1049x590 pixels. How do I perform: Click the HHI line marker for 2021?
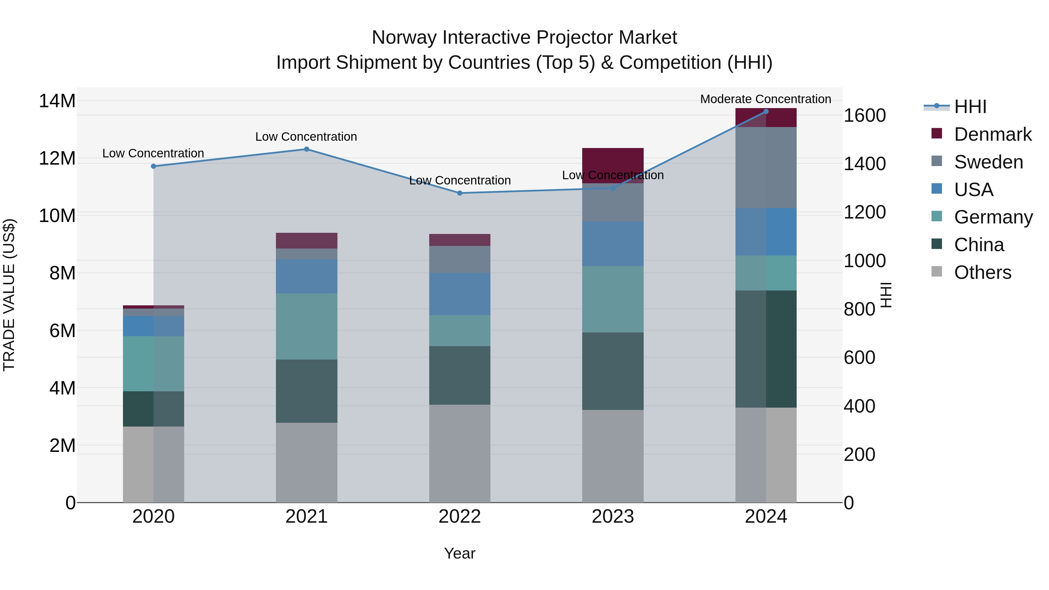307,149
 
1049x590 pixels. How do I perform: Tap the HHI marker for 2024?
766,112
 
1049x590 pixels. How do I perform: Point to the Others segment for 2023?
613,456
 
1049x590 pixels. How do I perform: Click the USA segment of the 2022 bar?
460,294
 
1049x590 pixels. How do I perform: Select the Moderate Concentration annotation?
765,99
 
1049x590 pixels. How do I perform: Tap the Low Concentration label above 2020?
153,154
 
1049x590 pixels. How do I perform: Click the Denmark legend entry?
992,134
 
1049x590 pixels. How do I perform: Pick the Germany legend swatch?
937,216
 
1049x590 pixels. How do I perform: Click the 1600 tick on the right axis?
865,116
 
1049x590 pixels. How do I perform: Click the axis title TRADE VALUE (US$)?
9,295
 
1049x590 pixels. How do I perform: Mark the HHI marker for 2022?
460,193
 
